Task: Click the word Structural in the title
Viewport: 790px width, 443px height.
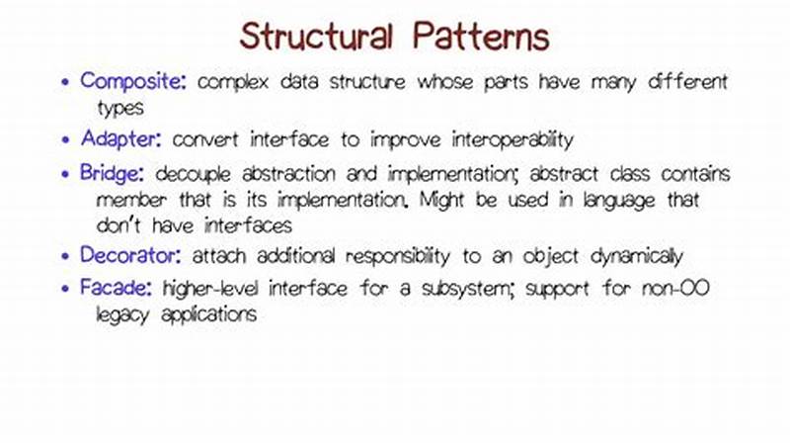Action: (x=318, y=38)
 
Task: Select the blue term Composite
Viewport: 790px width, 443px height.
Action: (x=133, y=82)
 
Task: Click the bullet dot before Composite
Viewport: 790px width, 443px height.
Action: (x=65, y=83)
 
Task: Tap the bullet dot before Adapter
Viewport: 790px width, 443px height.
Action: (x=65, y=137)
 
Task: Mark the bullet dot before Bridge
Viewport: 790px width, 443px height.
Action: (x=65, y=175)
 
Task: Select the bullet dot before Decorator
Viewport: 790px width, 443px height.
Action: (x=65, y=257)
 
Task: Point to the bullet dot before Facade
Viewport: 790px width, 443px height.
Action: (x=65, y=290)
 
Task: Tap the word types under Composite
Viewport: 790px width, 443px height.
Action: (x=120, y=107)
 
